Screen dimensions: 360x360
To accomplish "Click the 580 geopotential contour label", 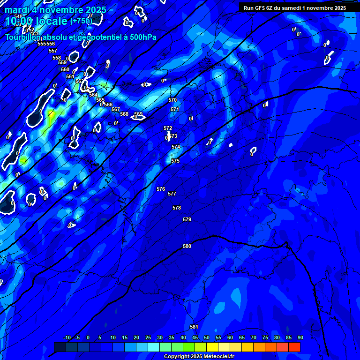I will (187, 246).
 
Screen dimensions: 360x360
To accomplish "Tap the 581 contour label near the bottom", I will (194, 327).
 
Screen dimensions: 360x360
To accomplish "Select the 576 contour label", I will (161, 189).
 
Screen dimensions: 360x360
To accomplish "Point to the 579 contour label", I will (187, 219).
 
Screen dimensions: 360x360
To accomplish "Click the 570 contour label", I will (172, 100).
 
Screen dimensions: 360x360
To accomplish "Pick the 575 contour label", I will (175, 161).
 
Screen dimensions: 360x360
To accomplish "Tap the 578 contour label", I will (177, 208).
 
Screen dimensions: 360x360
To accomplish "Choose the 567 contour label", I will (116, 109).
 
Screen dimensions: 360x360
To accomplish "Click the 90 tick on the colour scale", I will (300, 337).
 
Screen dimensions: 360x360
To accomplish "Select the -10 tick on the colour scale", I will (67, 337).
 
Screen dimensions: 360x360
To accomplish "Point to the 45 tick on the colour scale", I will (195, 337).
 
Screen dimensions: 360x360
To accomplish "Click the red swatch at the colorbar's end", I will (294, 347).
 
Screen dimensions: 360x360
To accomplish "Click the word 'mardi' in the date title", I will (17, 10).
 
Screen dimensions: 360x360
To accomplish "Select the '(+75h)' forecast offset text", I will (81, 21).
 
